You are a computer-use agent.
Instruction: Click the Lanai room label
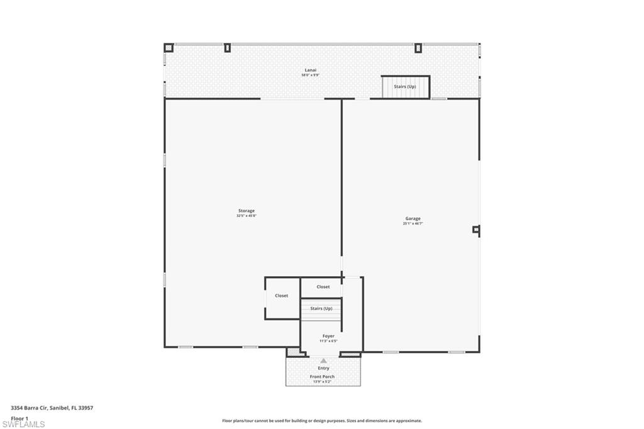pos(310,70)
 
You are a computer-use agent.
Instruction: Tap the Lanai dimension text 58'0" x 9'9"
pos(310,75)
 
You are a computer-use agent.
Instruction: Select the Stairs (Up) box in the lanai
pos(405,87)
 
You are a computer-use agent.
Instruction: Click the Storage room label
pos(246,211)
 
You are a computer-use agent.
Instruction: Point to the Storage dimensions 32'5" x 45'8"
pos(246,216)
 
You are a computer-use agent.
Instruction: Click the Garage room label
pos(413,218)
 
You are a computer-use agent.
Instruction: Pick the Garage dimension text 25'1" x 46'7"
pos(413,223)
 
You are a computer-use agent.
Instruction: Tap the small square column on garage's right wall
pos(476,230)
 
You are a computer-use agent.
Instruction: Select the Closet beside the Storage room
pos(281,296)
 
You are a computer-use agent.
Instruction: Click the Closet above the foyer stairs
pos(323,287)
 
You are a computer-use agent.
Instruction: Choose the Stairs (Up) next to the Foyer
pos(321,309)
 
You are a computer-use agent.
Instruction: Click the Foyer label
pos(328,336)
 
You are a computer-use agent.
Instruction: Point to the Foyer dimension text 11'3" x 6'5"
pos(328,341)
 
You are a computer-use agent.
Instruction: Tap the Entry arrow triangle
pos(323,361)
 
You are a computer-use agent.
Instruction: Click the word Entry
pos(323,368)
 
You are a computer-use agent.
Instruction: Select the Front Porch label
pos(322,377)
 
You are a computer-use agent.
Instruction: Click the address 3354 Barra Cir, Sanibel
pos(52,408)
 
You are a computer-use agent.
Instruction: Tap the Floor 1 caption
pos(19,418)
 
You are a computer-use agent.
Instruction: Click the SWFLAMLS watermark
pos(23,425)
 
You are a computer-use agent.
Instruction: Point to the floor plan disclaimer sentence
pos(321,421)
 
